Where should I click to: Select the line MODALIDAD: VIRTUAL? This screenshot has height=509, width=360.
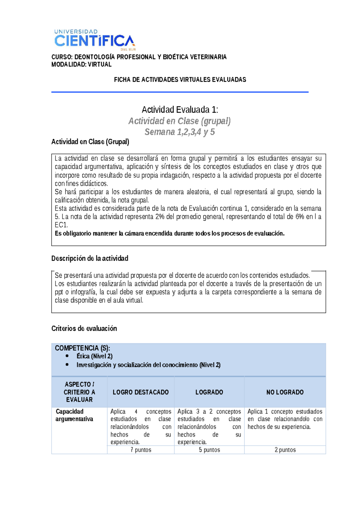81,65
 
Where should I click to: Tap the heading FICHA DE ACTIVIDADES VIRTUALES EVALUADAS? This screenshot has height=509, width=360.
180,80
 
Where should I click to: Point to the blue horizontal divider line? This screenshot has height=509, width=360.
180,92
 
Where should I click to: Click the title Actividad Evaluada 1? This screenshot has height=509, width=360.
180,110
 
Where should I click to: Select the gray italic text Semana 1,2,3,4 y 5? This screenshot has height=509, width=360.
180,132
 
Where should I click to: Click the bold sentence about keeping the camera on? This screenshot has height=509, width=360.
169,233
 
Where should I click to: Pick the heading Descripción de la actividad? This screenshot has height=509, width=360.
90,258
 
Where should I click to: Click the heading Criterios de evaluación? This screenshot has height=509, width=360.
84,328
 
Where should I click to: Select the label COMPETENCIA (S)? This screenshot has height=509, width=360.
82,348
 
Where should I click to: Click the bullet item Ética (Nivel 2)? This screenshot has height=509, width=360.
94,356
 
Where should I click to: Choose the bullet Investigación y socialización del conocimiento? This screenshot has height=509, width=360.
148,365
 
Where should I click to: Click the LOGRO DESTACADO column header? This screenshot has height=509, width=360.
141,392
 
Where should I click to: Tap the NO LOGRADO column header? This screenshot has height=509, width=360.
285,392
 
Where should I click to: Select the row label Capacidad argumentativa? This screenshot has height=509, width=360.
74,415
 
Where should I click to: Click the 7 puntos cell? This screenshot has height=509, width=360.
141,450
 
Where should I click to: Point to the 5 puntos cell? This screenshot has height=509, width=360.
209,450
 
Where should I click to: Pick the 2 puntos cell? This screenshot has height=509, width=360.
285,450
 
